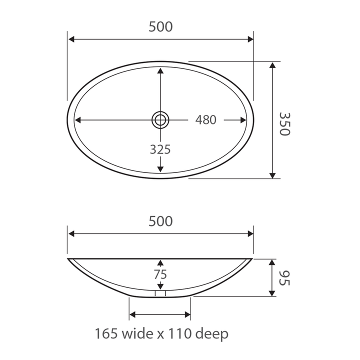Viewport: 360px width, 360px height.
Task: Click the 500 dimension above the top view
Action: click(160, 27)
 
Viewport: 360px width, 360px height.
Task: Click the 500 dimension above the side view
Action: click(160, 221)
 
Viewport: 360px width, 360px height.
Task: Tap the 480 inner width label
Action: click(205, 120)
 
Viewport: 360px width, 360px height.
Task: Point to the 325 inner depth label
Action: click(160, 149)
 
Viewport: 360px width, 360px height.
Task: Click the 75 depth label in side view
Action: click(160, 274)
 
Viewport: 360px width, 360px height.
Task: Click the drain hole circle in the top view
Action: click(160, 119)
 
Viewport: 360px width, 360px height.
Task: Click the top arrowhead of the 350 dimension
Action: click(272, 66)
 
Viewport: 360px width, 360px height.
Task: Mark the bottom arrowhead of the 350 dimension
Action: click(272, 174)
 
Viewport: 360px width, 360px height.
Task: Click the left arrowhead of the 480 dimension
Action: click(78, 120)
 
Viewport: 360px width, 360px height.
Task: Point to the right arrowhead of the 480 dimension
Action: click(243, 120)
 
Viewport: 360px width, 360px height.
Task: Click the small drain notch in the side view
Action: click(160, 294)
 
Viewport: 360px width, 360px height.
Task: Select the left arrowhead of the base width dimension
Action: click(133, 315)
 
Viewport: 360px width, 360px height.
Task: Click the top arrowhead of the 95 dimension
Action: click(272, 262)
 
